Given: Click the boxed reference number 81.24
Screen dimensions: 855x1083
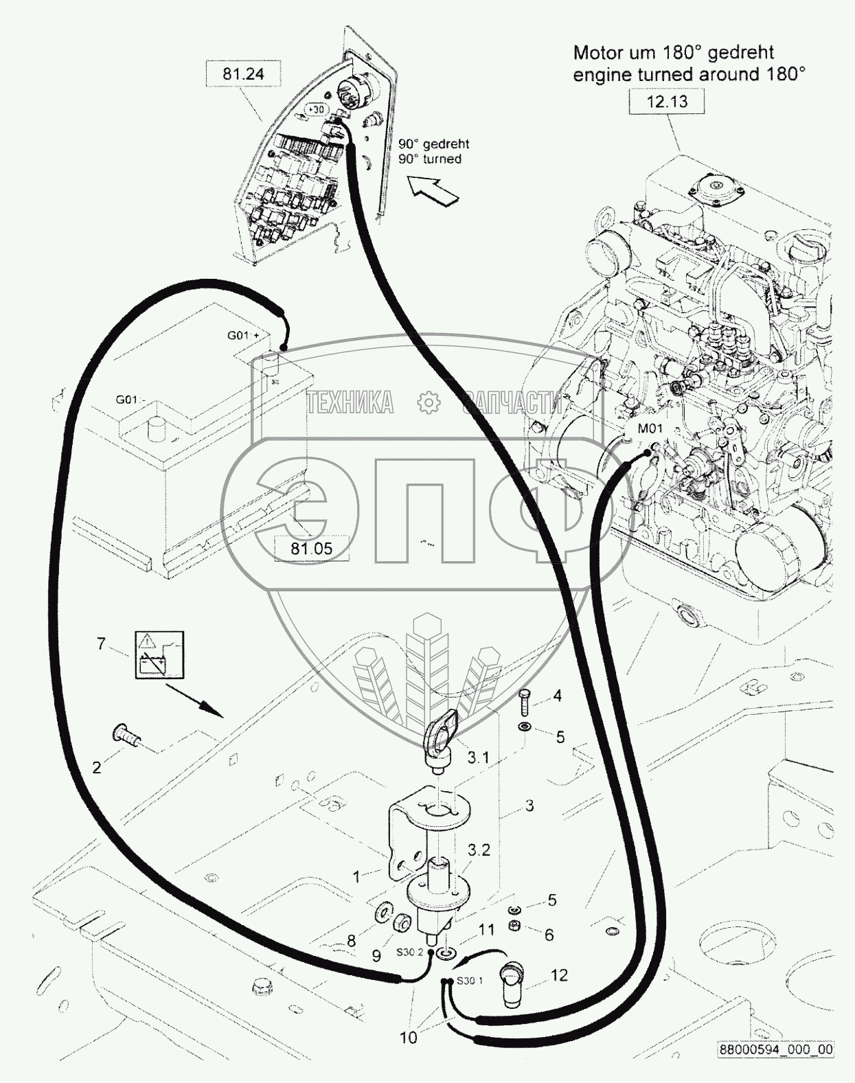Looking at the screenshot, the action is [x=243, y=73].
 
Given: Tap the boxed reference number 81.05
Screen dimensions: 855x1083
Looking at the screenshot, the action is [x=311, y=548].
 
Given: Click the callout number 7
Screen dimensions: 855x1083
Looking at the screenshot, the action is [x=101, y=644].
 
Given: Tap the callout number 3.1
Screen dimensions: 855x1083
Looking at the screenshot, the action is [x=478, y=757].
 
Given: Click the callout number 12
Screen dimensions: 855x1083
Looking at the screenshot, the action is [x=560, y=975].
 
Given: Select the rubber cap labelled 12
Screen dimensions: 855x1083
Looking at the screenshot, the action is [x=511, y=977].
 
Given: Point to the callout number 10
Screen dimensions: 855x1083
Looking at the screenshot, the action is [x=408, y=1037].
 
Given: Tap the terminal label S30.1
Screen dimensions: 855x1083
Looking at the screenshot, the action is [x=471, y=980].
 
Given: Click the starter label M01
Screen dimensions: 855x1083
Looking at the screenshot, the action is [x=650, y=429].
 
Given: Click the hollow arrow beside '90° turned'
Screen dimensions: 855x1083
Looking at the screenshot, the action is [x=433, y=190].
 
